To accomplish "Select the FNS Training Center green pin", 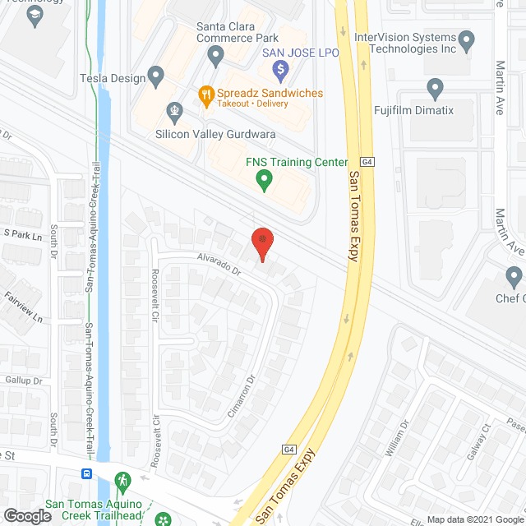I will [264, 178].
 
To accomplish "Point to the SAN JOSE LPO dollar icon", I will [280, 68].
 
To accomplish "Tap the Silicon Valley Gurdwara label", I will [215, 134].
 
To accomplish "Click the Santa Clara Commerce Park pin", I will [216, 57].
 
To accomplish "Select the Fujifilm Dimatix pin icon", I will [436, 87].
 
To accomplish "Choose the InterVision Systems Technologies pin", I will [467, 39].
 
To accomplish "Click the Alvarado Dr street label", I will [218, 263].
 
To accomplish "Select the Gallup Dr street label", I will [23, 381].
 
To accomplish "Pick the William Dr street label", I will [400, 439].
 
